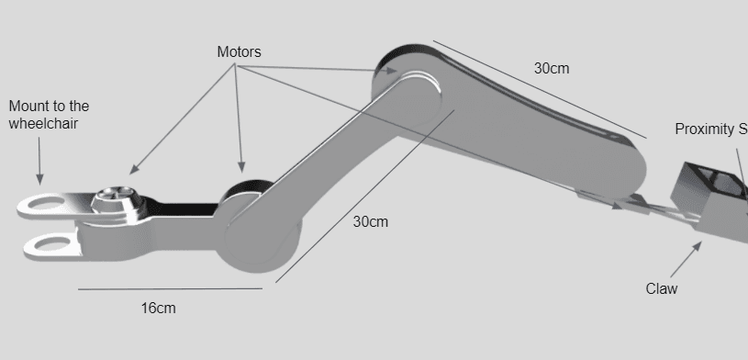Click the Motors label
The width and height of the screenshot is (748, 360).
tap(239, 52)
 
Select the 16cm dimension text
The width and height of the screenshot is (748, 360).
tap(158, 309)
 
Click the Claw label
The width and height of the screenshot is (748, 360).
tap(661, 289)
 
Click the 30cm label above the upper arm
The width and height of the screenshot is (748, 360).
tap(552, 69)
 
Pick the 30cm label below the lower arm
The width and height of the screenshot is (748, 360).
tap(371, 222)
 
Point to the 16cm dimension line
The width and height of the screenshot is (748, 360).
tap(170, 289)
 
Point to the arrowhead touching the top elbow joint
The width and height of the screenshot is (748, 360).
tap(395, 70)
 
